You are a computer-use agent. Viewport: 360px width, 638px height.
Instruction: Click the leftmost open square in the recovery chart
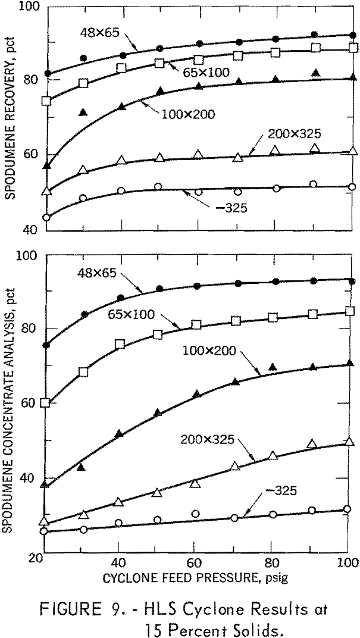(x=46, y=101)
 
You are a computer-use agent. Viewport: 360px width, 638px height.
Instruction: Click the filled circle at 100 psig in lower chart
(x=352, y=281)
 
